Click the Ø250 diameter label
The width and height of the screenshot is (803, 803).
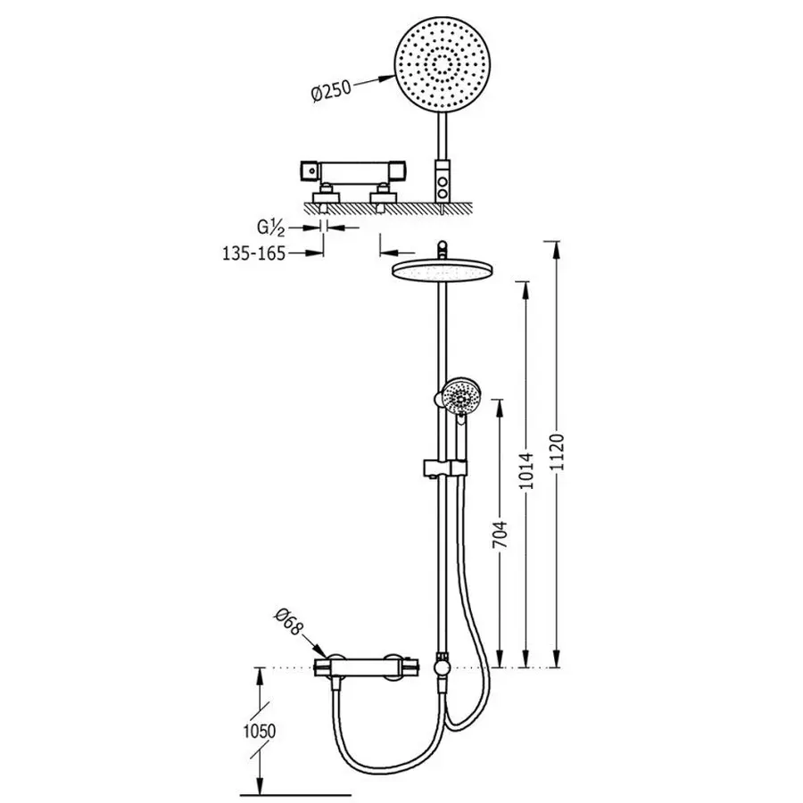click(x=333, y=92)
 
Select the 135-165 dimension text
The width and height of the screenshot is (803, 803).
click(x=252, y=252)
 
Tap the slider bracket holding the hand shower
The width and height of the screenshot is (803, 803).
click(x=443, y=468)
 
